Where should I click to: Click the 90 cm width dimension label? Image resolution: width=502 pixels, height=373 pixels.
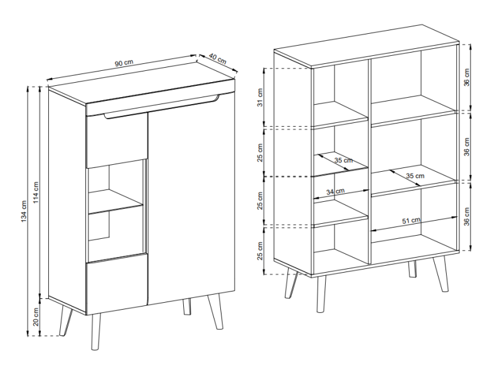coord(124,63)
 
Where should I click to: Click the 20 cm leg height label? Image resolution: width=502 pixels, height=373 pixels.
coord(36,317)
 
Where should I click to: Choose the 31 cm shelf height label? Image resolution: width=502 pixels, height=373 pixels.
coord(260,98)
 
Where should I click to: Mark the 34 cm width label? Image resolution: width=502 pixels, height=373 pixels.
coord(336,192)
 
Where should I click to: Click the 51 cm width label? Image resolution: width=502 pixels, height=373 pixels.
coord(412,221)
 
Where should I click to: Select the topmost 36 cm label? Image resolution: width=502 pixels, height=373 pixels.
coord(466,77)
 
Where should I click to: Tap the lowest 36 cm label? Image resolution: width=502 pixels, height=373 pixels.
coord(466,216)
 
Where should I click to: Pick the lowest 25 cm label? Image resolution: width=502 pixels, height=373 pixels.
coord(260,251)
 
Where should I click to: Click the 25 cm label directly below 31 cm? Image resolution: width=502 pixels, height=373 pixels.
coord(260,152)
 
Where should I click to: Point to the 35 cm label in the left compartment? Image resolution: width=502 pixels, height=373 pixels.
coord(343,160)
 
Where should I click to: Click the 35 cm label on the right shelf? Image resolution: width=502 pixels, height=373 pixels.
coord(415,176)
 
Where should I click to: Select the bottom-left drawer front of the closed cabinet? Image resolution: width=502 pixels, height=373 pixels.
coord(117,284)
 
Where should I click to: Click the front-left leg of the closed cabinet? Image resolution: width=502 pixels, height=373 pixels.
coord(96,332)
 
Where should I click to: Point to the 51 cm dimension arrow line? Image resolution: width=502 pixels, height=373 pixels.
coord(414,224)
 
